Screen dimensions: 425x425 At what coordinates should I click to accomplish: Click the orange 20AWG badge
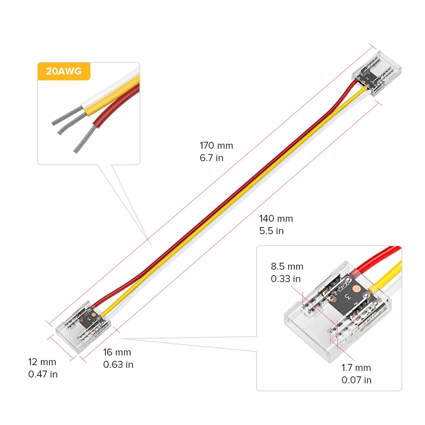(64, 72)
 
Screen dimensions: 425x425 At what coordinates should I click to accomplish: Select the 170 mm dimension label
(216, 145)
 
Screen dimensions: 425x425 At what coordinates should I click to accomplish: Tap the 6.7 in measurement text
(212, 158)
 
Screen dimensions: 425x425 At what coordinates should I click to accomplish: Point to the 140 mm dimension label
(276, 218)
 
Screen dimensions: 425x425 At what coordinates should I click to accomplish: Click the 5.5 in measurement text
(271, 231)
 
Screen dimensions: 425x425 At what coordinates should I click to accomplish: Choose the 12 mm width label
(42, 362)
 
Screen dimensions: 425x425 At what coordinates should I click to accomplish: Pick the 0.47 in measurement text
(43, 375)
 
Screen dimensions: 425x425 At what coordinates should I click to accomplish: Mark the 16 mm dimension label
(117, 352)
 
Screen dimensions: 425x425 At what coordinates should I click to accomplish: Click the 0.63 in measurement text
(118, 365)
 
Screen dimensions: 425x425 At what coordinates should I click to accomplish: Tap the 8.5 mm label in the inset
(287, 267)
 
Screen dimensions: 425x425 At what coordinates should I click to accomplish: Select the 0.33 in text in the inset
(286, 279)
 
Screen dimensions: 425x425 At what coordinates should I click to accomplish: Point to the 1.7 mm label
(356, 367)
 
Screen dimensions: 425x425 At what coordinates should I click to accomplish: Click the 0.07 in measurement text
(356, 380)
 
